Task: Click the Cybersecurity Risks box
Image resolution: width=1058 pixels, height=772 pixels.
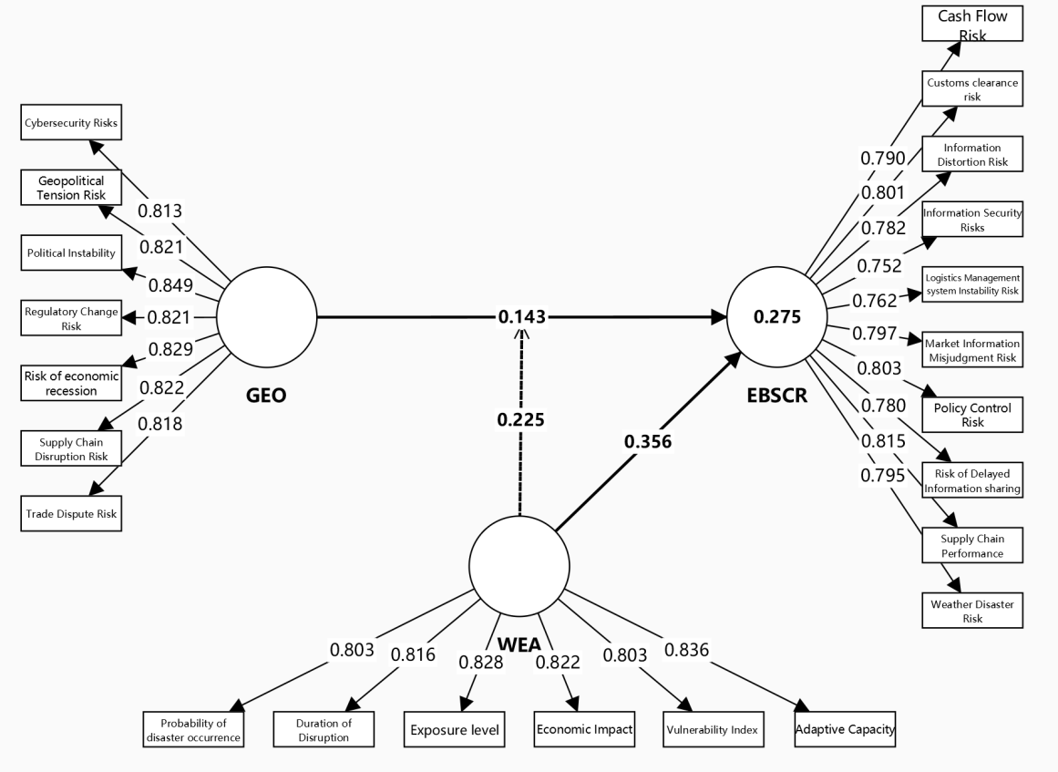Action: (x=71, y=122)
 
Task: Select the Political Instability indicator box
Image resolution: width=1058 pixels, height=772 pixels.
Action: (x=71, y=252)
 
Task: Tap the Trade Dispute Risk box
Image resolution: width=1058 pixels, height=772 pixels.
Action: (x=71, y=513)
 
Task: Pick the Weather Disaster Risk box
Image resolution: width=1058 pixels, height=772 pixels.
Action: (x=971, y=611)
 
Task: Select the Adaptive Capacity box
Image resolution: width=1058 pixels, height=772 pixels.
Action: (x=845, y=729)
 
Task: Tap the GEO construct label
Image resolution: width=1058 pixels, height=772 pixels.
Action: (x=267, y=396)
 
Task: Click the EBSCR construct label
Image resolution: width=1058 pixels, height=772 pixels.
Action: (x=776, y=396)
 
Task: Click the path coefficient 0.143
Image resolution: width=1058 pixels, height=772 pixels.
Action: (x=522, y=317)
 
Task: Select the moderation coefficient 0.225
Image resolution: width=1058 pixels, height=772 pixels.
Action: (x=520, y=420)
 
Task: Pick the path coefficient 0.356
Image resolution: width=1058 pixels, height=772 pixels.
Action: (x=648, y=441)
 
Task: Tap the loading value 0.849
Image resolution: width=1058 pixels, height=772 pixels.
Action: (x=172, y=286)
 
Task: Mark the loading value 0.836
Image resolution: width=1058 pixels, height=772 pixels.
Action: (x=687, y=650)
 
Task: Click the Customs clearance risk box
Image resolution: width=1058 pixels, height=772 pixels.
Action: (x=971, y=89)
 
